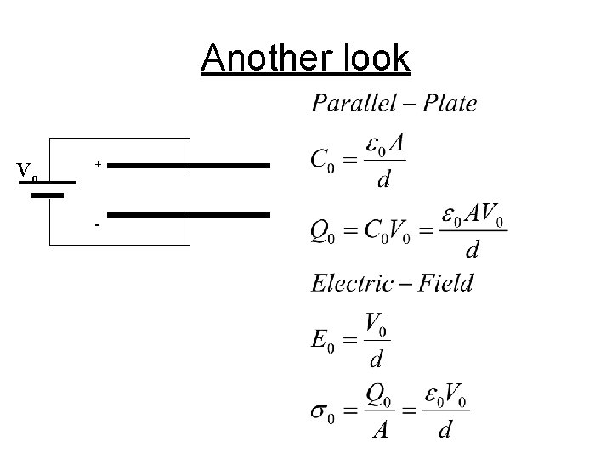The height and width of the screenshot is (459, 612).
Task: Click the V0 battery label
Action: click(27, 172)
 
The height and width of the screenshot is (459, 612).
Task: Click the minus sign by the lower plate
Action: click(98, 225)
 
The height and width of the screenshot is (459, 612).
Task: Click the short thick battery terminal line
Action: click(49, 195)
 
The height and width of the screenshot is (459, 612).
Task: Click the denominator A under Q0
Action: click(379, 431)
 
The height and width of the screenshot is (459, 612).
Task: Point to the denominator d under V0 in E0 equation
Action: click(375, 359)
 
